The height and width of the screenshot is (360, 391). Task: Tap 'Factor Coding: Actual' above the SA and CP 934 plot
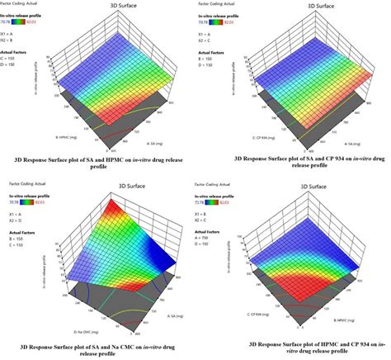click(216, 7)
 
